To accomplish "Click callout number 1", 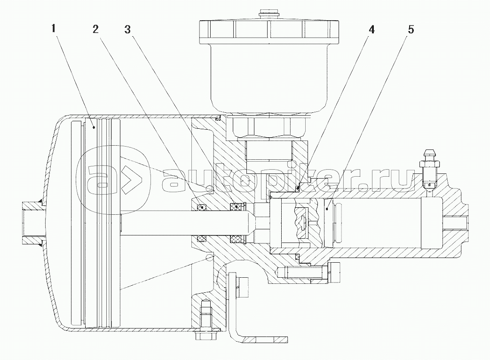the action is [x=54, y=29].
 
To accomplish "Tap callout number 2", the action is [x=95, y=29].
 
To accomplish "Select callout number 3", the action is [x=127, y=29].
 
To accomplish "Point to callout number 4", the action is [x=371, y=29].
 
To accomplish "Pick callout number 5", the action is [x=411, y=29].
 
